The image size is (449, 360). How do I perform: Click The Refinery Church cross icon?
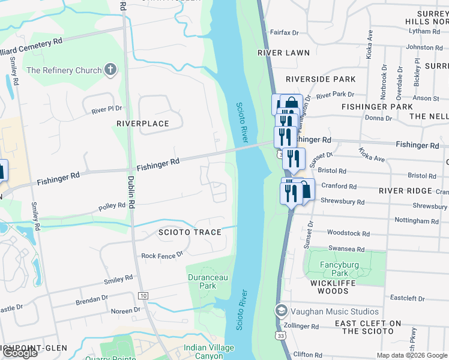click(x=109, y=70)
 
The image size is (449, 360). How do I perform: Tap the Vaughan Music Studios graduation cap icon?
click(x=280, y=311)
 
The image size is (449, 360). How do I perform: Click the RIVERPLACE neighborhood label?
click(x=143, y=124)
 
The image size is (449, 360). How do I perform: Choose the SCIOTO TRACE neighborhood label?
click(x=190, y=232)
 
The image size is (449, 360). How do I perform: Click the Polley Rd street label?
click(x=112, y=206)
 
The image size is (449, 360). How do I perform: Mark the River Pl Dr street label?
click(x=106, y=109)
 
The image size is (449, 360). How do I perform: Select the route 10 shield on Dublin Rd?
click(x=143, y=296)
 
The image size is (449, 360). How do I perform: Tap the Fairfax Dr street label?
click(x=285, y=32)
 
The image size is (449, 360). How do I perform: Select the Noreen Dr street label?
click(x=125, y=311)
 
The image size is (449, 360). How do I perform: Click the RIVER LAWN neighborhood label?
click(x=283, y=53)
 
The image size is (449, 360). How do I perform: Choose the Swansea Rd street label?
click(x=346, y=249)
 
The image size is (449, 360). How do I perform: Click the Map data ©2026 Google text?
click(x=411, y=355)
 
